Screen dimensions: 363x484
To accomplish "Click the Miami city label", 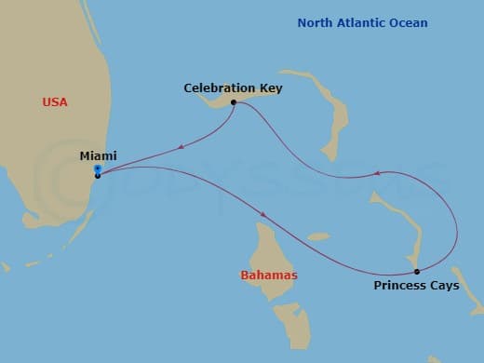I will point(99,155).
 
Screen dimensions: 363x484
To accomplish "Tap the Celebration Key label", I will point(233,88).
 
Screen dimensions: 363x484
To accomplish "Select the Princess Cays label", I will point(416,286).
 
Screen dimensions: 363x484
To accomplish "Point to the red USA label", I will point(56,101).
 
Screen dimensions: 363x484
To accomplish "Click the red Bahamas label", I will point(268,276).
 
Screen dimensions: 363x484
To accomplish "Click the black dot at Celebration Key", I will point(233,102).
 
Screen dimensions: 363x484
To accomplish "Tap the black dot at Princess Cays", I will point(416,272).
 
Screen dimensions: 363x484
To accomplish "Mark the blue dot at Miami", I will point(97,169).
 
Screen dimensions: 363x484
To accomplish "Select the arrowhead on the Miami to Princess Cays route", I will point(265,215).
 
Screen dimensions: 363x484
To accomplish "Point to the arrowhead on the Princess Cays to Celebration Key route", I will point(376,173).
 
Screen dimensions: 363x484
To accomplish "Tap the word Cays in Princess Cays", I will point(443,286).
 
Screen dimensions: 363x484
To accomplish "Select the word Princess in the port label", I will point(398,286).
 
